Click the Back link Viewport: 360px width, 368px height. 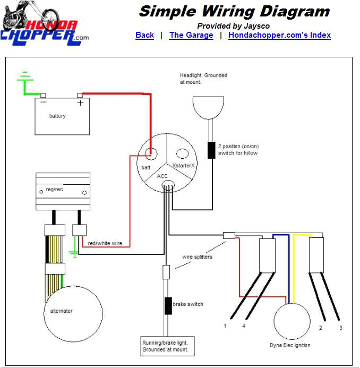[144, 35]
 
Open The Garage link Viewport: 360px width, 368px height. [191, 35]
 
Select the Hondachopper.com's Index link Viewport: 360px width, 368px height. [279, 35]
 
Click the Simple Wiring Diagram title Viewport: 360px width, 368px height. [234, 11]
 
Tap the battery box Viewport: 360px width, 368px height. [62, 116]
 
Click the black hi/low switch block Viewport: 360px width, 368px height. [211, 150]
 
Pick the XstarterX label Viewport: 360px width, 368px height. [184, 166]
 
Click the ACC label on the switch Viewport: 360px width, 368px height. [162, 176]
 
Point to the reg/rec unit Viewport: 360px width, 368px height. [62, 191]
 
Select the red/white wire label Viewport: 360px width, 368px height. [105, 243]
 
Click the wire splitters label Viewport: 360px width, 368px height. [197, 257]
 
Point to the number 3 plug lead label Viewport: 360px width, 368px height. [340, 328]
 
